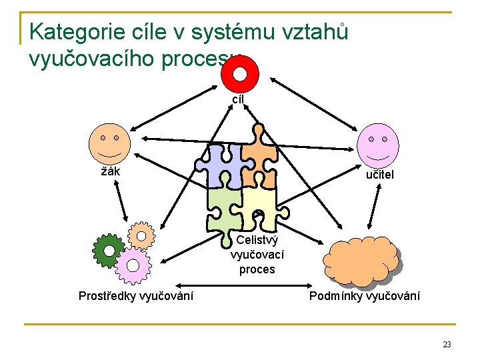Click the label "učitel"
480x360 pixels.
click(x=379, y=175)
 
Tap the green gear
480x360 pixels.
click(x=108, y=250)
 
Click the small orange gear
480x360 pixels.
click(x=141, y=234)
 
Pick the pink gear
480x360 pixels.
click(x=133, y=266)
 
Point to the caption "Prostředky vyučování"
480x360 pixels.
click(x=136, y=295)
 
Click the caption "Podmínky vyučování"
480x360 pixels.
click(x=365, y=295)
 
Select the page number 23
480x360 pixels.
click(x=446, y=345)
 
